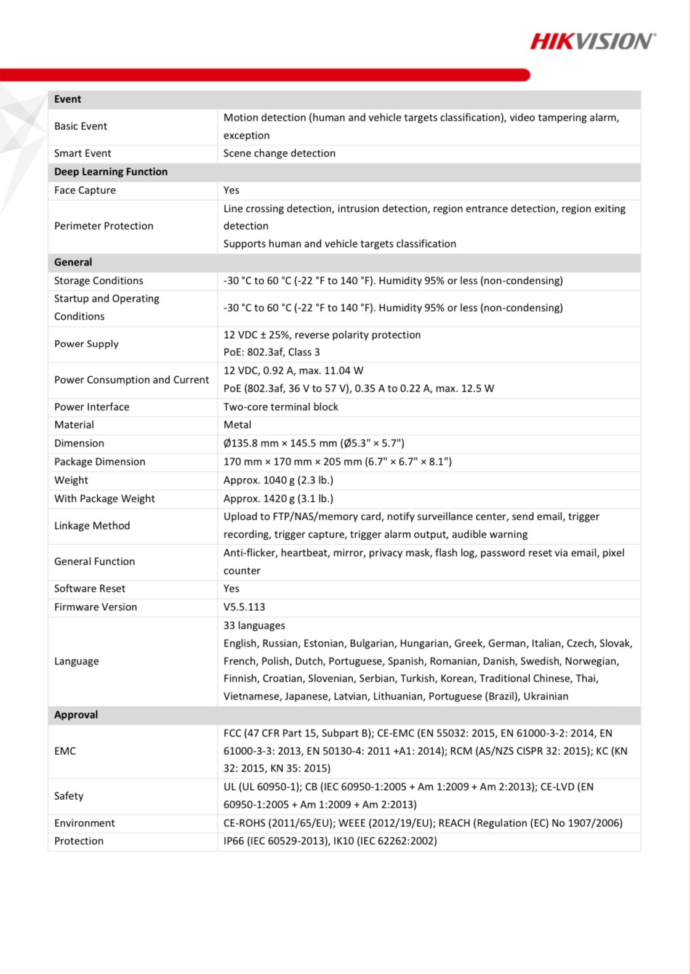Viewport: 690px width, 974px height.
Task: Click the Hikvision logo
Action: (x=593, y=41)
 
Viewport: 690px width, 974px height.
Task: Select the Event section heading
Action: (x=68, y=99)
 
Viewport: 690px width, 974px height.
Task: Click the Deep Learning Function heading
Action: (x=111, y=172)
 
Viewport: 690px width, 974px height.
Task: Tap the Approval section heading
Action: (x=76, y=715)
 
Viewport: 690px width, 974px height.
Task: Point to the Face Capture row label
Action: (x=85, y=190)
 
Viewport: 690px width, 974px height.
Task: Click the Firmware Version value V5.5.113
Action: (x=244, y=607)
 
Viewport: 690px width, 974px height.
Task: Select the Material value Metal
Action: (x=237, y=425)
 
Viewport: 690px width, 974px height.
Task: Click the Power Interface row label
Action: (x=92, y=407)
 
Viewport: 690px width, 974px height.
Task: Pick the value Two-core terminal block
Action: (x=281, y=407)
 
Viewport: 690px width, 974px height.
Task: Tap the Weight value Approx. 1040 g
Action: (x=278, y=480)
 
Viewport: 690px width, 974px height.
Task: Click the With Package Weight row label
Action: (x=105, y=499)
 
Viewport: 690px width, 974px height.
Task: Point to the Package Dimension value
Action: (x=337, y=462)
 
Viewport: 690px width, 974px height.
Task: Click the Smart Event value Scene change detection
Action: (x=279, y=153)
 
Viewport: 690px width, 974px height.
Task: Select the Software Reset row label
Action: (x=90, y=589)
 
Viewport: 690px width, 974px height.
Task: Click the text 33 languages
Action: (x=254, y=626)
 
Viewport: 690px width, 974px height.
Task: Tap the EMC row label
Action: (x=65, y=751)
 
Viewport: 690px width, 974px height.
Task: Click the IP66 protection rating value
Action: (x=330, y=841)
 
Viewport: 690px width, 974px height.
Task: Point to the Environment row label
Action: (x=84, y=823)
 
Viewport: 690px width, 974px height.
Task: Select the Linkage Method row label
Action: (x=92, y=526)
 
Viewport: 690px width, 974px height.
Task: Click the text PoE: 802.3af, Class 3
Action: (x=271, y=352)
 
